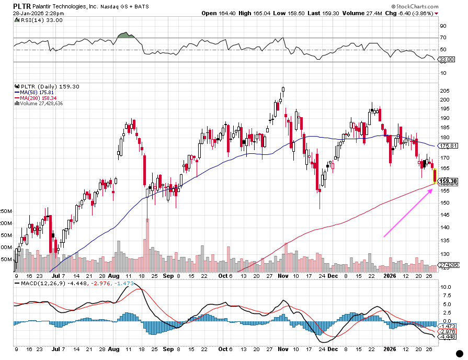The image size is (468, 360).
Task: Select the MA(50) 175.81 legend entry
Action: point(32,92)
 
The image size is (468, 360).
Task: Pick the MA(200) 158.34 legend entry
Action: point(34,98)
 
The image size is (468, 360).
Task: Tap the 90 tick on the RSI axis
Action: point(442,26)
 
